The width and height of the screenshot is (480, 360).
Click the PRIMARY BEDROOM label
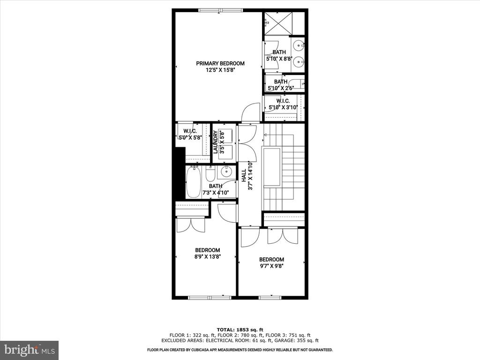tap(220, 63)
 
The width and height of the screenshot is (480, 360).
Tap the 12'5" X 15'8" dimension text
tap(220, 70)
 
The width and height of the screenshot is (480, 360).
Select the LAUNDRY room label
tap(216, 142)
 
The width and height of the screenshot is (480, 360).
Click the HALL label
tap(244, 176)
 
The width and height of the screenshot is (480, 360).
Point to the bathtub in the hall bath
tap(194, 182)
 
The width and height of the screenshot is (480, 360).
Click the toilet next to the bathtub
tap(210, 174)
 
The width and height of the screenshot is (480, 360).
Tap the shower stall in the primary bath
tap(278, 23)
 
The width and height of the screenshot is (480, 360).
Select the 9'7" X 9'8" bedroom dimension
tap(271, 266)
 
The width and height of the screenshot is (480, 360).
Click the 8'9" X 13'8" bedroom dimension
tap(208, 256)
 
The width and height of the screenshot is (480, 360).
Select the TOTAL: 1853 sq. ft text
tap(240, 330)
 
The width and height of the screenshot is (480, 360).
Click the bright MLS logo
tap(30, 350)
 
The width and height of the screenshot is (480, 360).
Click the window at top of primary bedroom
tap(221, 10)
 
